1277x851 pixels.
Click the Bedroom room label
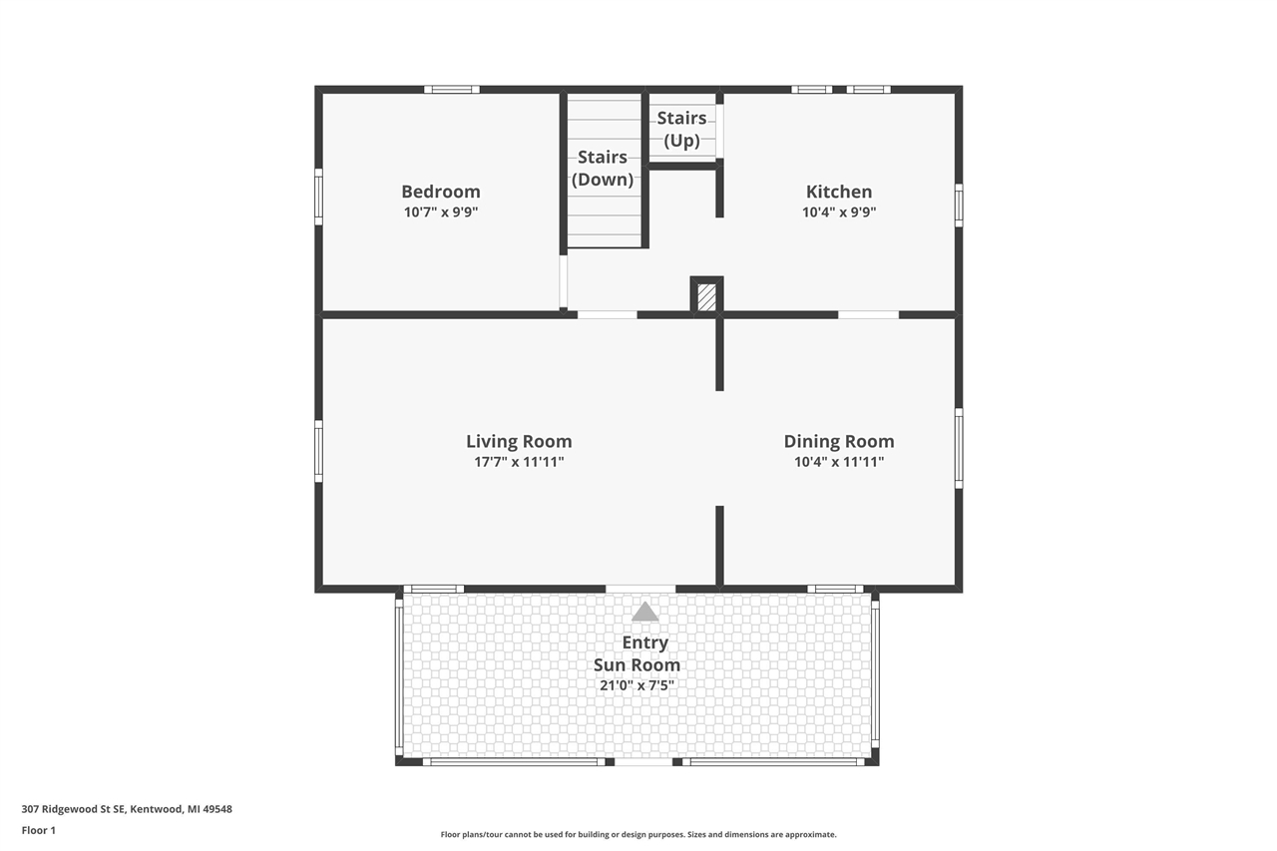(440, 192)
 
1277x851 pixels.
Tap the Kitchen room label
(838, 192)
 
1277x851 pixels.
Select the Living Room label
(519, 441)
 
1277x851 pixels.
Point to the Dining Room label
(838, 441)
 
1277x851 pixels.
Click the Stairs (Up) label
(681, 129)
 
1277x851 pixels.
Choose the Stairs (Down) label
(602, 168)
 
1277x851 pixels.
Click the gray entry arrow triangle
(644, 612)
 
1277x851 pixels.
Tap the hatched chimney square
(706, 297)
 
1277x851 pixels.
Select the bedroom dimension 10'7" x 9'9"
(440, 213)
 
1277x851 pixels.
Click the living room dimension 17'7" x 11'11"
(519, 462)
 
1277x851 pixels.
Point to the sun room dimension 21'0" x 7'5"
(637, 685)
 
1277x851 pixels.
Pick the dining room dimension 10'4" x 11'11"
(838, 462)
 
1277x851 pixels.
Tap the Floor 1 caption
(39, 830)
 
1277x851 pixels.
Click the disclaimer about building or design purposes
(638, 834)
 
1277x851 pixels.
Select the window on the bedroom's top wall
(451, 90)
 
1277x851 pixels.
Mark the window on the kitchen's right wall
(958, 205)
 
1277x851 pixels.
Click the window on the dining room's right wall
(958, 448)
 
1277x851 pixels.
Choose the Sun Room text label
(637, 664)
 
